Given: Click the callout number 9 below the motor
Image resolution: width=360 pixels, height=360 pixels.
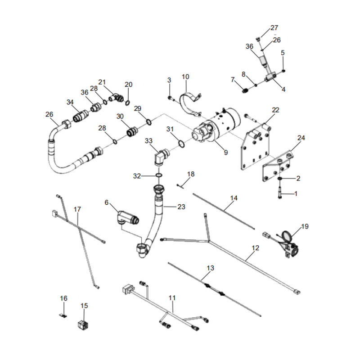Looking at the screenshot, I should (225, 153).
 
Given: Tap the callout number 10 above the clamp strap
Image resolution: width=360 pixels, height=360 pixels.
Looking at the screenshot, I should (185, 76).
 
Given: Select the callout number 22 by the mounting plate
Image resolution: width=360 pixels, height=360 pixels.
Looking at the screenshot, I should (275, 110).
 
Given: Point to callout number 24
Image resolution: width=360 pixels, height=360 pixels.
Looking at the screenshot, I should (301, 138).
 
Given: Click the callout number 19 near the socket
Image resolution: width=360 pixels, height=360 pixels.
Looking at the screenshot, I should (305, 226).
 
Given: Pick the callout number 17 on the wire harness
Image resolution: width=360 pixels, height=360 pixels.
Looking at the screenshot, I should (77, 209).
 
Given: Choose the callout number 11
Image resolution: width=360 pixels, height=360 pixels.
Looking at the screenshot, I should (172, 297).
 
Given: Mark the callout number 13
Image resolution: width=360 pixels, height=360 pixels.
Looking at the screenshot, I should (210, 268).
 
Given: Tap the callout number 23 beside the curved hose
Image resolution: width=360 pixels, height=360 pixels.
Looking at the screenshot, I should (181, 207).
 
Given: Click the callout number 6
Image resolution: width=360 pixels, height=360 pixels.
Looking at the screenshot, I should (107, 202).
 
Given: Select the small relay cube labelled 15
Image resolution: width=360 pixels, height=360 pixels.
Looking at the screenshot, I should (82, 324).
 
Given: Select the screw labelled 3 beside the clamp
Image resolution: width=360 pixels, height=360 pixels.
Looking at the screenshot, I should (169, 97).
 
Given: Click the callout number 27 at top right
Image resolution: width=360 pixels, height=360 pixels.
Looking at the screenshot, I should (274, 28).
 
